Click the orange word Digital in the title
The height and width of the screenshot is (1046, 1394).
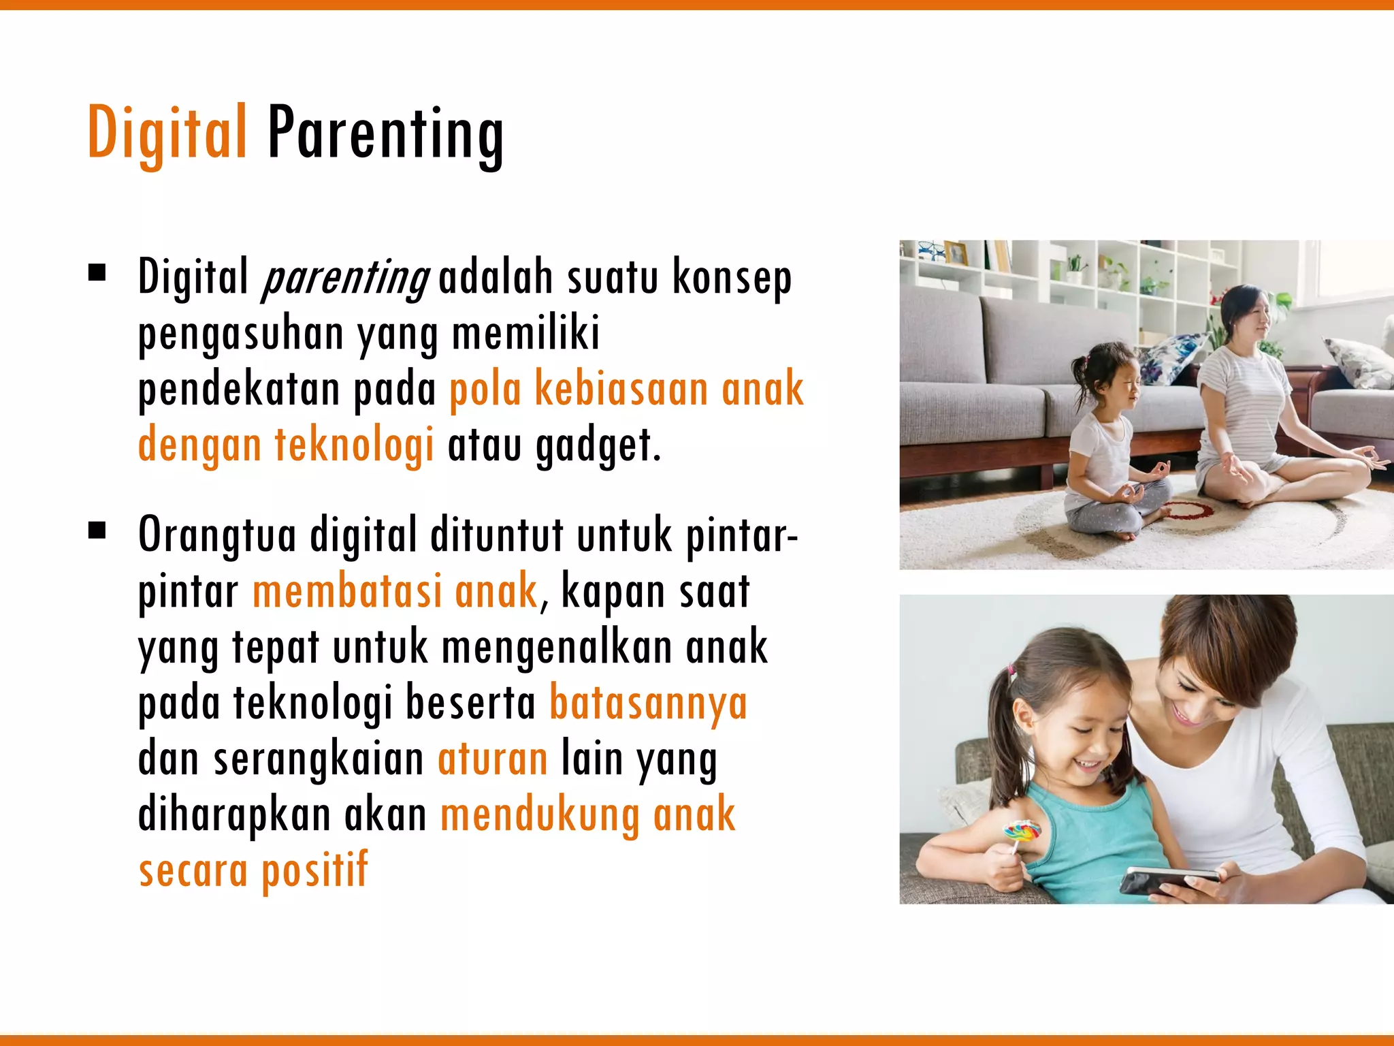167,133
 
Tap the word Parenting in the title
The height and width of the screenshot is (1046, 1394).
385,135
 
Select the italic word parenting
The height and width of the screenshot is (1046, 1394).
346,278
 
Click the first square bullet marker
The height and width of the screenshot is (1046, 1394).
97,273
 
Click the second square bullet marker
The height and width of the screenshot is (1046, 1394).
97,530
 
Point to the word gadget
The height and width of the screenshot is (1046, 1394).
598,445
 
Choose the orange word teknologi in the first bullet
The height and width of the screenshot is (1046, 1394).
354,444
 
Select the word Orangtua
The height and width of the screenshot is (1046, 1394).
217,535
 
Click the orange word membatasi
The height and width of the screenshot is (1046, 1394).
347,591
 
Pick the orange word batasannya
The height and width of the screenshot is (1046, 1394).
648,703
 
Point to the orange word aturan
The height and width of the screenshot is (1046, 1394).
493,759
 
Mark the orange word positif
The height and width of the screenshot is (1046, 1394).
314,870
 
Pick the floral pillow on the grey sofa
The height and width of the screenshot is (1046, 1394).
1167,358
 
